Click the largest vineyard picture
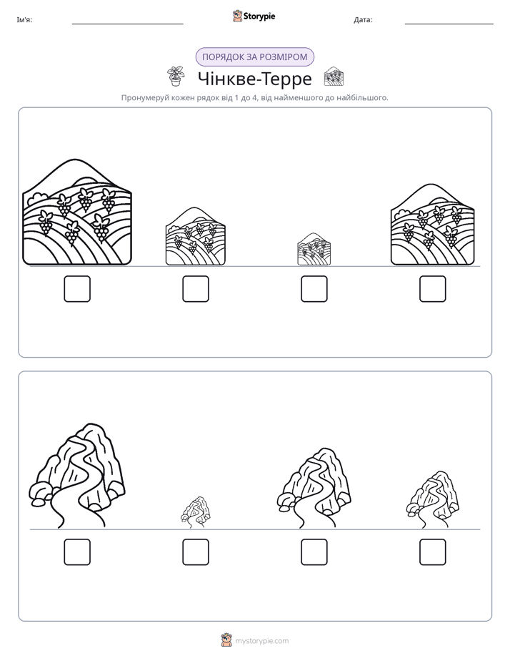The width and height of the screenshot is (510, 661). pos(77,212)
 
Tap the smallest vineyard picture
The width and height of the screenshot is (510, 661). pos(314,249)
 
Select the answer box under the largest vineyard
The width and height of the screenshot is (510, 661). pos(77,289)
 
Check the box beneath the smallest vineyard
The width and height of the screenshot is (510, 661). pos(314,289)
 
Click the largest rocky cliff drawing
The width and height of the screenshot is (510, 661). pos(77,475)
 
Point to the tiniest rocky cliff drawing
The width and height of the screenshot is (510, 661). pos(196,512)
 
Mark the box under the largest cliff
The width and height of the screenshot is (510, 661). pos(77,552)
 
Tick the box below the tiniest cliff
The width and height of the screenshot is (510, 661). pos(196,552)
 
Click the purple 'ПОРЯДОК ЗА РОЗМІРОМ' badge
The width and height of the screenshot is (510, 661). pos(254,57)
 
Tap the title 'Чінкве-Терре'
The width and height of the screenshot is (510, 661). pos(254,79)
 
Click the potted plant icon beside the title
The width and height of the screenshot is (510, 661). pos(176,77)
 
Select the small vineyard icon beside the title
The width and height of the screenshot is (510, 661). pos(334,77)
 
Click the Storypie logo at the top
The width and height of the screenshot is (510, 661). pos(254,16)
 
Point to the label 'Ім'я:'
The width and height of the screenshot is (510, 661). pos(24,20)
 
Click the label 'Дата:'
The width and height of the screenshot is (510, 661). pos(363,20)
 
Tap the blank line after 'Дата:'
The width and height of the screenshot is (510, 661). pos(449,24)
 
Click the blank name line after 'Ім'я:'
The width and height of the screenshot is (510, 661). pos(127,24)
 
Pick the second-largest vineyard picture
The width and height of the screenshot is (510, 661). pos(433,225)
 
